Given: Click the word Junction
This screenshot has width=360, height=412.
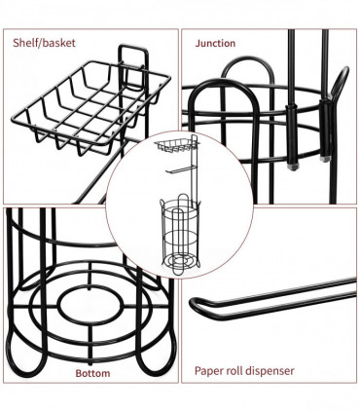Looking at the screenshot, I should coord(215,44).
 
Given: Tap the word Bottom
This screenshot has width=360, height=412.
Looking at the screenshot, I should coord(92,372).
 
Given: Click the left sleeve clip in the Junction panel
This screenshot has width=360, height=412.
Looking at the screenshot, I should coord(289,135).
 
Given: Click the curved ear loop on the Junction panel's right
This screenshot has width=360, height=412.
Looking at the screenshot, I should coord(340,88).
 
